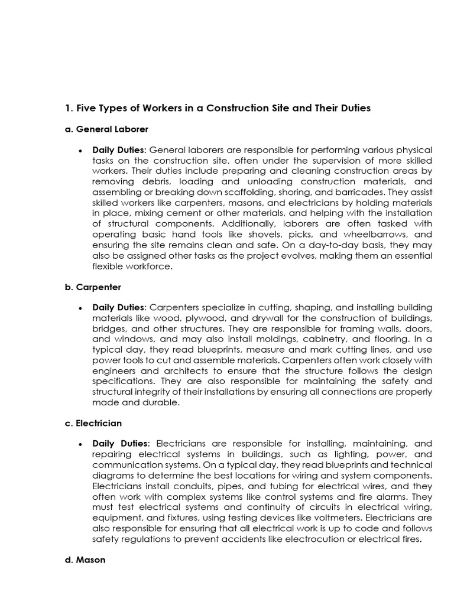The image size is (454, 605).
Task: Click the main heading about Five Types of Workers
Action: [217, 108]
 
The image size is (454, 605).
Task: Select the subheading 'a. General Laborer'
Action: [106, 129]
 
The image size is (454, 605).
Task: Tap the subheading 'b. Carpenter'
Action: [93, 287]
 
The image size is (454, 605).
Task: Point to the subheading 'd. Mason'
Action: [85, 560]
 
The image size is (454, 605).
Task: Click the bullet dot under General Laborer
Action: [80, 150]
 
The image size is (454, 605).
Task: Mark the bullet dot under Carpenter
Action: [80, 308]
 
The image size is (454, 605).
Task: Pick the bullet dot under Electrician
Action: [80, 444]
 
